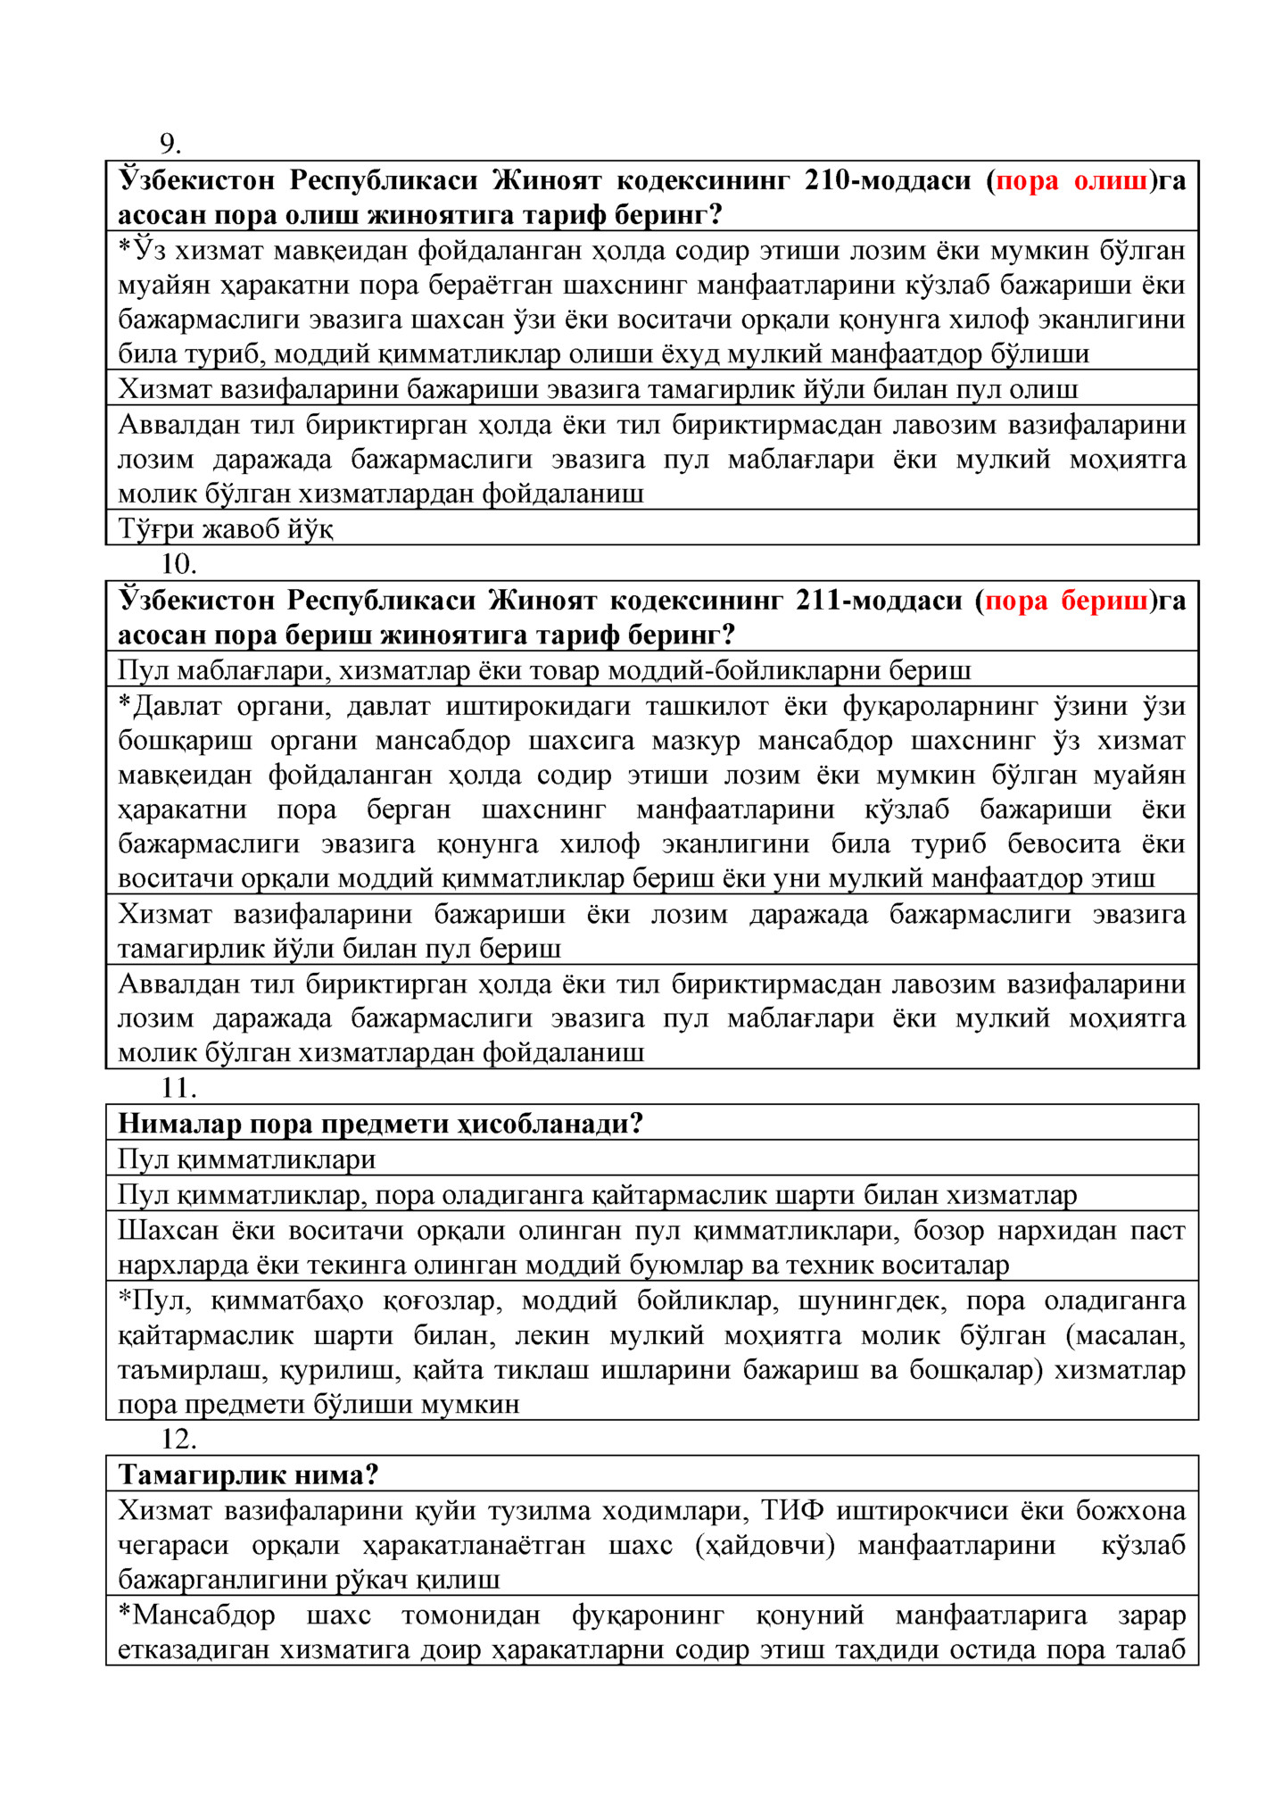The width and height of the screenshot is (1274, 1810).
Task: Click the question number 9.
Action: pyautogui.click(x=170, y=144)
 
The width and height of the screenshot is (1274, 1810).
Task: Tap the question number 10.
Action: pyautogui.click(x=178, y=564)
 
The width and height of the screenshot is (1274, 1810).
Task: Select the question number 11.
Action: pyautogui.click(x=178, y=1088)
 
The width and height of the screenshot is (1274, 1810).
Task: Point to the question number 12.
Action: pyautogui.click(x=178, y=1440)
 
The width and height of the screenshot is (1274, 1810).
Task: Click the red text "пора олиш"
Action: pyautogui.click(x=1071, y=181)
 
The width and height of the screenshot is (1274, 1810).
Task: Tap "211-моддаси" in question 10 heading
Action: pyautogui.click(x=879, y=601)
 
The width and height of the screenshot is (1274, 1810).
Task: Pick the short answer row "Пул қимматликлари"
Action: pyautogui.click(x=246, y=1159)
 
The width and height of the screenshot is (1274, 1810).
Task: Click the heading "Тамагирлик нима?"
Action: pyautogui.click(x=248, y=1475)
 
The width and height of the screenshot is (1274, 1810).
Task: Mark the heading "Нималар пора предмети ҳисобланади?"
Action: pyautogui.click(x=380, y=1124)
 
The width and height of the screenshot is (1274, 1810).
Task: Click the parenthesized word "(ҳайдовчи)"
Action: pyautogui.click(x=765, y=1545)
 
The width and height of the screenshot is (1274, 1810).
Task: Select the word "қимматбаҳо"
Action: pyautogui.click(x=286, y=1300)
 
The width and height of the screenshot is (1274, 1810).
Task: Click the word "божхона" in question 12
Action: pyautogui.click(x=1130, y=1510)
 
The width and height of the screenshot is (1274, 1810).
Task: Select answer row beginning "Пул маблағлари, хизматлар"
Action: pyautogui.click(x=544, y=670)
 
